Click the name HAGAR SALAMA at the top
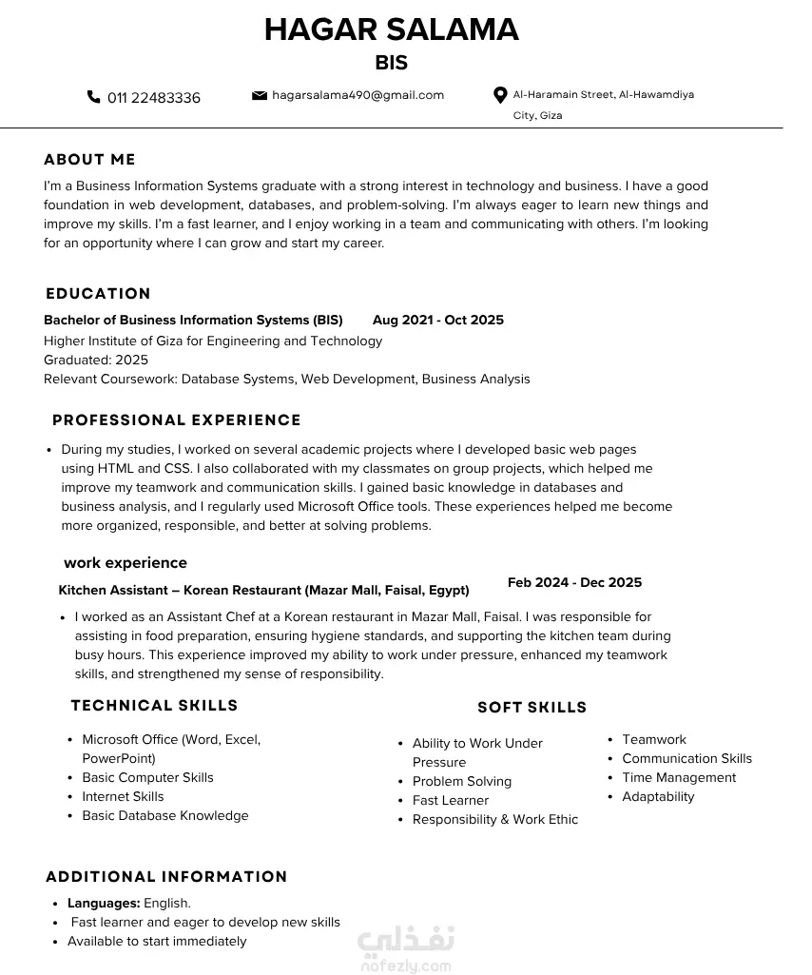[391, 30]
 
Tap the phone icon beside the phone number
[93, 97]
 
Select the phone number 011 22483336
[154, 98]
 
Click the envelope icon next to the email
[259, 95]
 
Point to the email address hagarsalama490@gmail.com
[358, 95]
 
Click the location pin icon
[500, 95]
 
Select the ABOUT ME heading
[89, 160]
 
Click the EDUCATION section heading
[98, 294]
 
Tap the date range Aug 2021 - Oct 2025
[437, 321]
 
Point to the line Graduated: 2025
[96, 361]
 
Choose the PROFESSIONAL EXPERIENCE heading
[176, 420]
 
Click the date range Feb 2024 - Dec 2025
[574, 583]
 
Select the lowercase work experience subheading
[126, 563]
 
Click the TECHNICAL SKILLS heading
[154, 706]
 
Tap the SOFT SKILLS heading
[532, 708]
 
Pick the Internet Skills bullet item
[123, 797]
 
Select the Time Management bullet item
[679, 778]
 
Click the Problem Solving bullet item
[462, 782]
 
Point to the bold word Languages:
[104, 904]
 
